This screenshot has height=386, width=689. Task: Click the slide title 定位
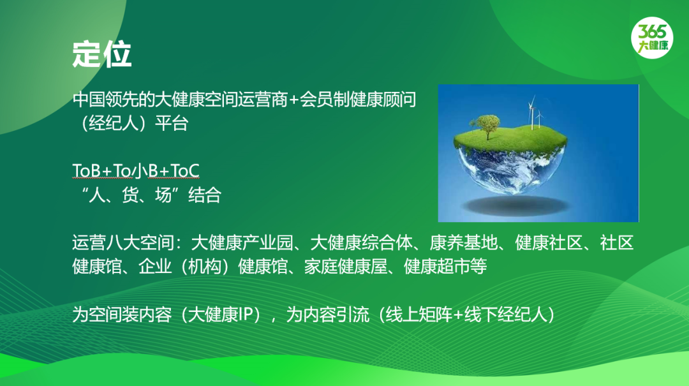click(x=102, y=54)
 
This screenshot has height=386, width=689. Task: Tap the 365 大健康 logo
click(x=652, y=38)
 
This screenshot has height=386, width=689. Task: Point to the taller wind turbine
click(x=532, y=112)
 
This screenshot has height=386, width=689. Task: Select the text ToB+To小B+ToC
click(x=136, y=170)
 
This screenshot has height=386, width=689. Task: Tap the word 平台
click(x=172, y=124)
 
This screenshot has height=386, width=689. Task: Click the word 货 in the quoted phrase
click(x=130, y=195)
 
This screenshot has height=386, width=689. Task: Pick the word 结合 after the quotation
click(x=205, y=195)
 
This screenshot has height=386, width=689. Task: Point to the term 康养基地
click(x=463, y=242)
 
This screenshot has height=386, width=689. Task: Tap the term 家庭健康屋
click(x=346, y=267)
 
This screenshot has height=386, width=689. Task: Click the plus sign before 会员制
click(x=293, y=100)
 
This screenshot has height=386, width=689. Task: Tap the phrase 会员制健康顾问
click(x=358, y=100)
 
